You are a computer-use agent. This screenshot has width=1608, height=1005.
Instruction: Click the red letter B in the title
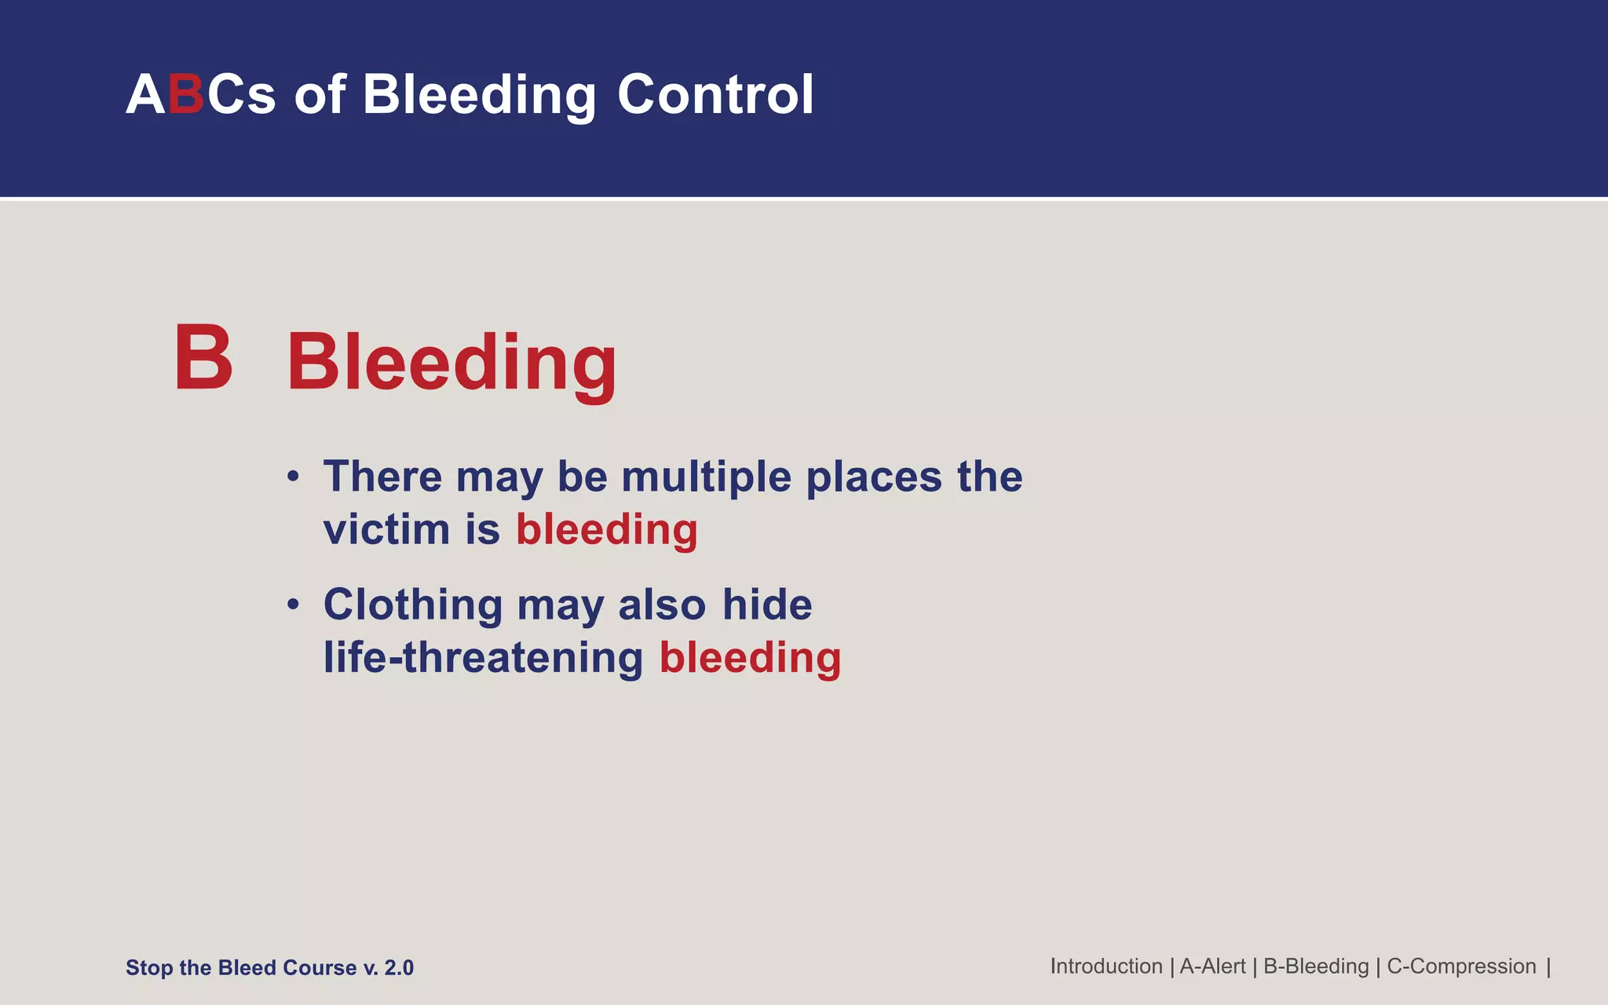(186, 95)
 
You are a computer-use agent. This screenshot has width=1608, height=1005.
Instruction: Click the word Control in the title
(715, 95)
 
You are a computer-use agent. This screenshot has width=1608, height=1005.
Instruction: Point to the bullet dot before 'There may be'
(293, 477)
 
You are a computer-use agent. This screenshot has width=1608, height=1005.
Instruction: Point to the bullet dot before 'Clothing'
(293, 605)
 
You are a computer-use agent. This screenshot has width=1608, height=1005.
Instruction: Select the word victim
(386, 529)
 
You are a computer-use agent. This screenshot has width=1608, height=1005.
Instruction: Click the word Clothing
(413, 605)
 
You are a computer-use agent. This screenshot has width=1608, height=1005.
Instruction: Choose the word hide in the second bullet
(767, 605)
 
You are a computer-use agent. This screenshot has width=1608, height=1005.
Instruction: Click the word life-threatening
(483, 657)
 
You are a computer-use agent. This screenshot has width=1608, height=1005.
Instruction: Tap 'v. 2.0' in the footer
(388, 968)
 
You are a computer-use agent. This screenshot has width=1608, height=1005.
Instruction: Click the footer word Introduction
(1106, 967)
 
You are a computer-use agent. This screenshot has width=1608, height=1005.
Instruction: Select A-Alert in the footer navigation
(1212, 967)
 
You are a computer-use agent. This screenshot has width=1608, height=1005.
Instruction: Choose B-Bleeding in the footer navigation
(1316, 967)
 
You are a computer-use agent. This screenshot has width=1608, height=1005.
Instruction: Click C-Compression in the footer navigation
(1461, 967)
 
